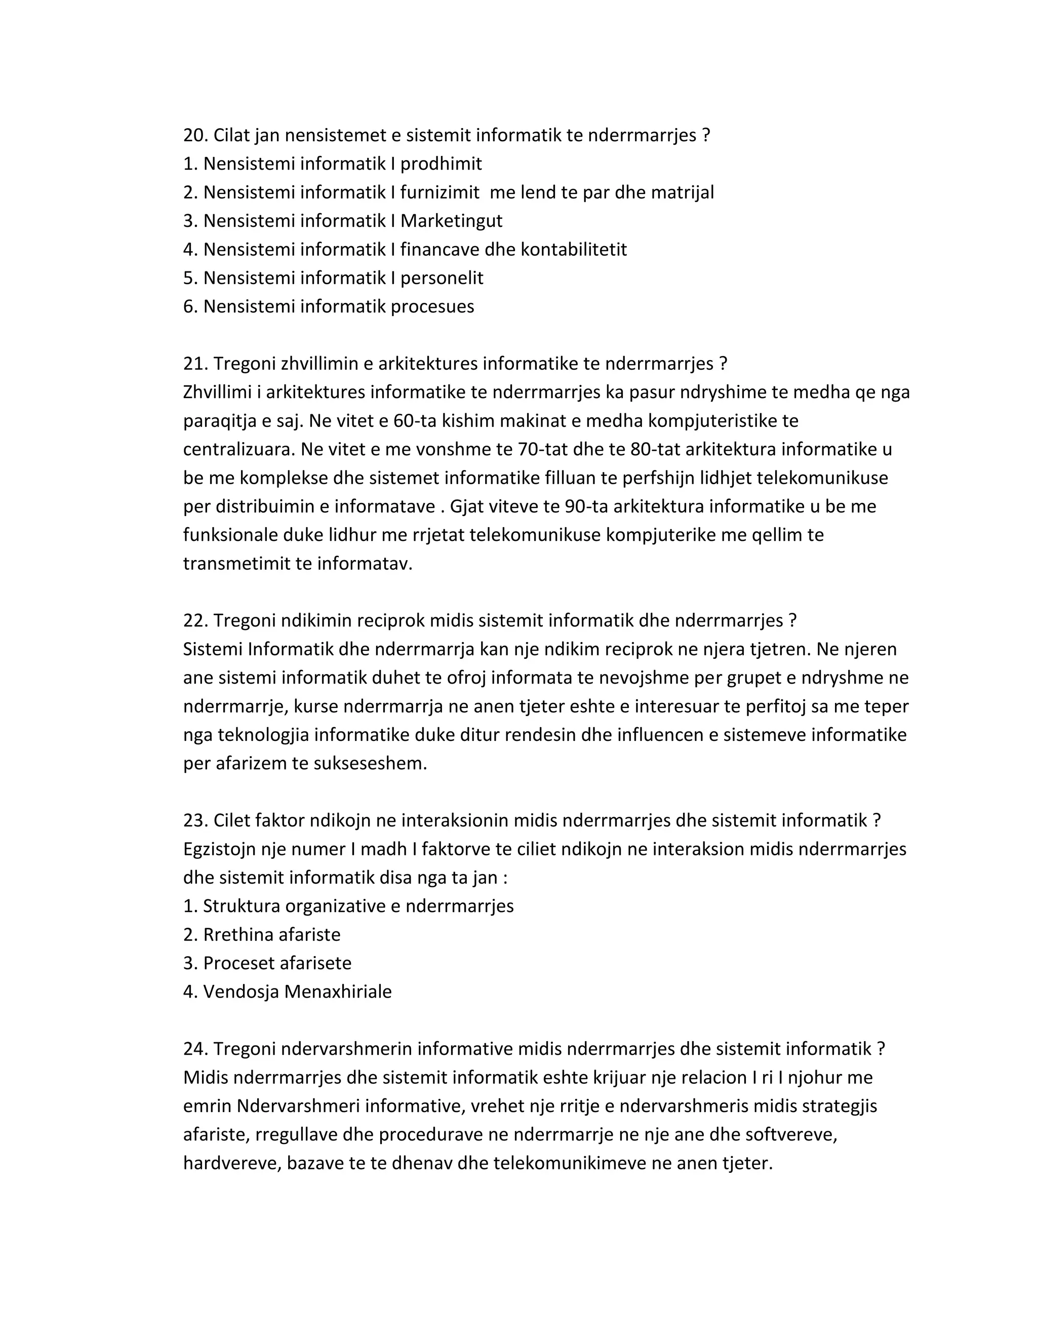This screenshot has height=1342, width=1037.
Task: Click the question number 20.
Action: point(195,135)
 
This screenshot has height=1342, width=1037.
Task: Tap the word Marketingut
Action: point(452,221)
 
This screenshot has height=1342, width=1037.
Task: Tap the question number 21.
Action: point(195,364)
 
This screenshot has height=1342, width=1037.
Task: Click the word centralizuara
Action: point(239,450)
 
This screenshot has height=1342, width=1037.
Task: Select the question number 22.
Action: point(195,621)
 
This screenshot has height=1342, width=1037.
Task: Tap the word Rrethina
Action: point(238,935)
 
